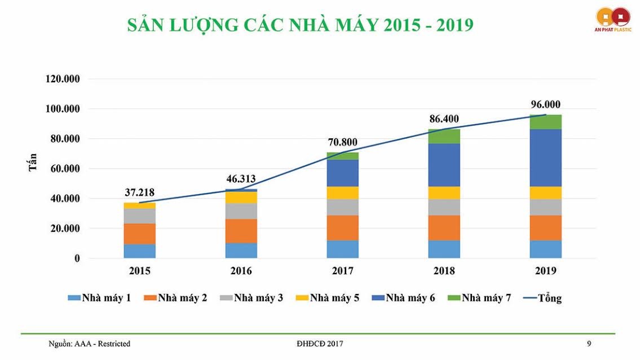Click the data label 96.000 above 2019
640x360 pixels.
click(545, 104)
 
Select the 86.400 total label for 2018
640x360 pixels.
click(444, 119)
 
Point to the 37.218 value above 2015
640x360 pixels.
click(139, 192)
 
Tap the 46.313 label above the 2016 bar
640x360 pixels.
click(241, 179)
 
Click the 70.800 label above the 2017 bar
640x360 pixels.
click(342, 142)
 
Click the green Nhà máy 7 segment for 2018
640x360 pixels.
click(444, 136)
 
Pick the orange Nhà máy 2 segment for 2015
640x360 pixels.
click(139, 234)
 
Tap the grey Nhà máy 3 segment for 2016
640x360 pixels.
click(241, 210)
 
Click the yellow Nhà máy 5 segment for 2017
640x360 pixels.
click(342, 192)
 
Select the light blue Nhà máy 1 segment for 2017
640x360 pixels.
click(342, 249)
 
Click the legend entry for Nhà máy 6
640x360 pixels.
click(403, 297)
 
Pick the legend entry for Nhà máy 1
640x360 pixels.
click(99, 297)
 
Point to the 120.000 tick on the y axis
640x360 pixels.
click(63, 79)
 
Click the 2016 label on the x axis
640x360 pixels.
click(241, 271)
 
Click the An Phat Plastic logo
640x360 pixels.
click(612, 19)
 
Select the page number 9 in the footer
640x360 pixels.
click(589, 343)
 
